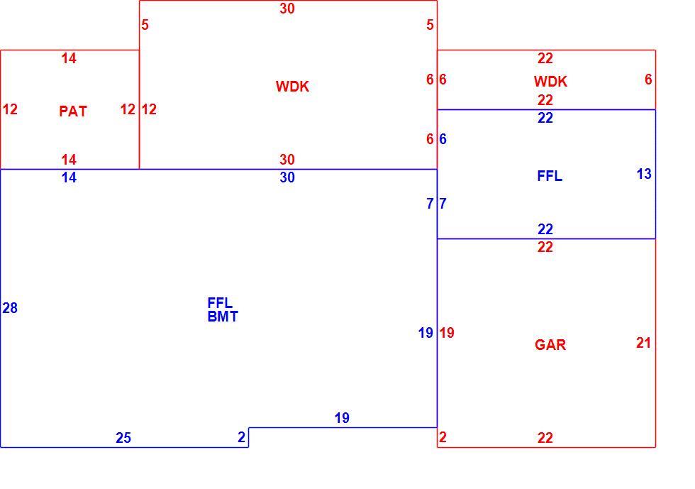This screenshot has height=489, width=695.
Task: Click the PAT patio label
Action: [73, 111]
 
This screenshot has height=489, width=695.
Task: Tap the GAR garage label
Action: [550, 345]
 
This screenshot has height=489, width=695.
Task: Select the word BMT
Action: [223, 317]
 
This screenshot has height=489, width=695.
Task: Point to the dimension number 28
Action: [10, 307]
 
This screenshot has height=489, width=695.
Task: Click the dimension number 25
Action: [123, 438]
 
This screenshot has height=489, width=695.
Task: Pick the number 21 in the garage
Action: [643, 343]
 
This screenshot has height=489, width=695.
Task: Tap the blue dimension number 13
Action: [644, 173]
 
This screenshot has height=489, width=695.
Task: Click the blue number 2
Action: [241, 437]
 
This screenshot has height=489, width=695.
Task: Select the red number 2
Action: [443, 437]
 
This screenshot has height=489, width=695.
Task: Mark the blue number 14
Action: [69, 177]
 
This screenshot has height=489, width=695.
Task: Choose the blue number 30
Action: [287, 177]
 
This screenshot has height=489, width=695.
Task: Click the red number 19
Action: [447, 333]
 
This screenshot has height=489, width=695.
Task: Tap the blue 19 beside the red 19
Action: [426, 333]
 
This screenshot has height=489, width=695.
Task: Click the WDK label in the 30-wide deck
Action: [292, 86]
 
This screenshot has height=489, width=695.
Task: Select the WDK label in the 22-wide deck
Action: [550, 81]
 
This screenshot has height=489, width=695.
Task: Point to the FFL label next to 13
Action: [550, 176]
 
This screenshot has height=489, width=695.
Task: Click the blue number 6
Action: [443, 139]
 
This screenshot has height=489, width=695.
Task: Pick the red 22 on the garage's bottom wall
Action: [545, 438]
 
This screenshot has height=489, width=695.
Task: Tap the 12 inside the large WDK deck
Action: [149, 109]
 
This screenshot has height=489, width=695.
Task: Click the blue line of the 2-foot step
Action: [248, 437]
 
